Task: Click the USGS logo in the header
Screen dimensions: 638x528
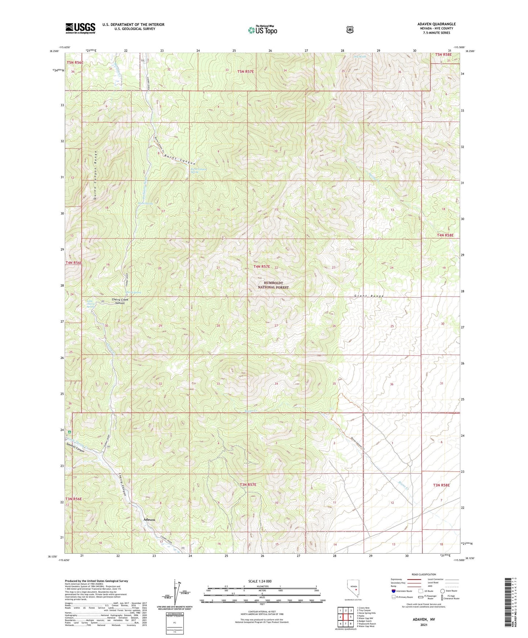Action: point(80,28)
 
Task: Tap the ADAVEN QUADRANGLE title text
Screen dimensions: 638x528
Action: point(436,24)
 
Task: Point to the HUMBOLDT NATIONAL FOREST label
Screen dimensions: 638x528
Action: point(273,285)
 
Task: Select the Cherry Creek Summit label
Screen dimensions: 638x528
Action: point(119,301)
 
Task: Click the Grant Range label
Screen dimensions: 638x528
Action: point(369,296)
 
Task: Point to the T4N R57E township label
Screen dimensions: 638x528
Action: point(262,267)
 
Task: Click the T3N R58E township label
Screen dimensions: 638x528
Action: point(441,485)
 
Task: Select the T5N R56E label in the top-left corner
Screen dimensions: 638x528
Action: point(75,62)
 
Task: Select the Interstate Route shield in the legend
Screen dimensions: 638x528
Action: point(393,591)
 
